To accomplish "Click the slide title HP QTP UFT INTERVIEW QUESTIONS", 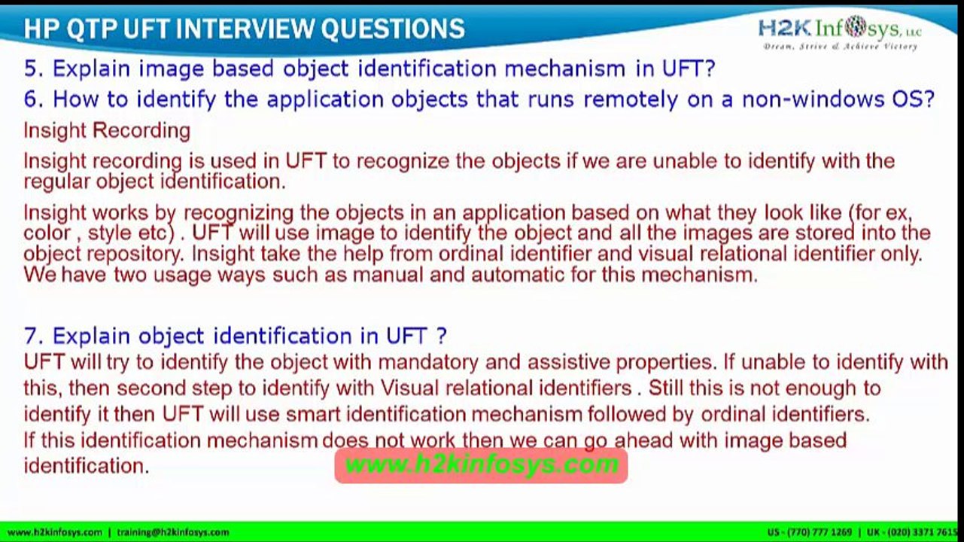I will tap(244, 29).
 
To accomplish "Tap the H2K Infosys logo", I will tap(839, 29).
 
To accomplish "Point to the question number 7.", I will tap(32, 335).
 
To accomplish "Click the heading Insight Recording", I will tap(107, 130).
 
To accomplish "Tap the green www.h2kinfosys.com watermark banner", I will tap(481, 464).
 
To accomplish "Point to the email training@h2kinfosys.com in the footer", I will tap(173, 532).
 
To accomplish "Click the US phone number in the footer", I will tap(810, 532).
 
